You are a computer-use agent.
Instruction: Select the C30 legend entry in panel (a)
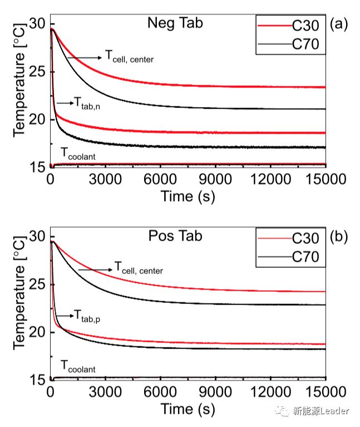(x=305, y=26)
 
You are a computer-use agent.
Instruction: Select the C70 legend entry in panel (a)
(x=305, y=45)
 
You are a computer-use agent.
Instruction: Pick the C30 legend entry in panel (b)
(x=305, y=238)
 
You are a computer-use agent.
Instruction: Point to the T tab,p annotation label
(x=90, y=316)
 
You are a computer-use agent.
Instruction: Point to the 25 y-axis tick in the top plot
(x=38, y=72)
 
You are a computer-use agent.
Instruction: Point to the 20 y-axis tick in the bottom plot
(x=38, y=332)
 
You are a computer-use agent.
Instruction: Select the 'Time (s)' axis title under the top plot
(x=188, y=196)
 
